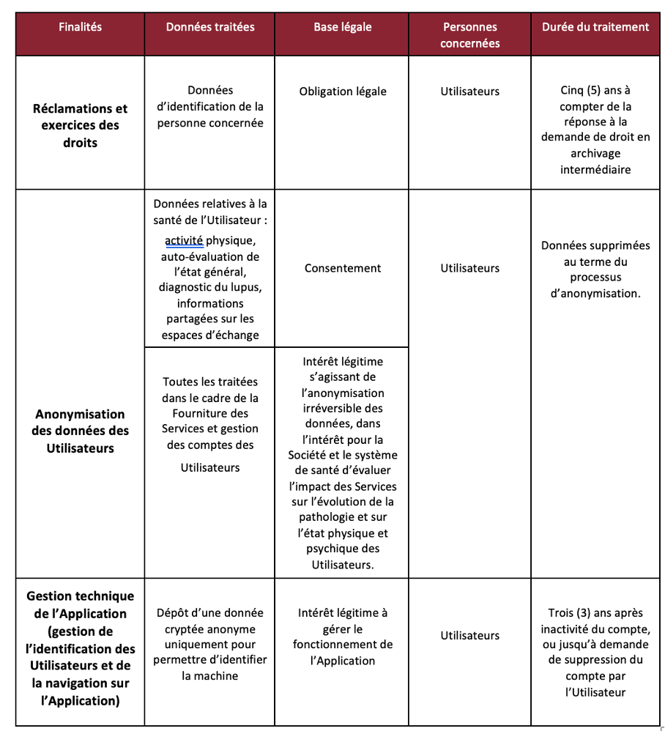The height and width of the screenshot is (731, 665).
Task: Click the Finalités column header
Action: [80, 27]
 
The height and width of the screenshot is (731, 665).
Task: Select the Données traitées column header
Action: [210, 27]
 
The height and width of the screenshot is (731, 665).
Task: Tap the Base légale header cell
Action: [343, 27]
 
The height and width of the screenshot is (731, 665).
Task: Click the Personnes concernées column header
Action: [469, 35]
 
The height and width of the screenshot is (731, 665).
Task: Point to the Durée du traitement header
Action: [595, 27]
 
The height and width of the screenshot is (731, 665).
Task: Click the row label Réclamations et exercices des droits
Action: [80, 125]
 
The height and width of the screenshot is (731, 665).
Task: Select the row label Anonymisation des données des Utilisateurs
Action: [80, 431]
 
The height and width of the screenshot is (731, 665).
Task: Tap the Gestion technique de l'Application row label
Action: [80, 648]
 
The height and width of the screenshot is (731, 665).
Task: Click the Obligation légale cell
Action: [343, 92]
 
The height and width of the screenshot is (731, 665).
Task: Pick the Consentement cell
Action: [343, 268]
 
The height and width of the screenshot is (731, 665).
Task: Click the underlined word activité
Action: [184, 241]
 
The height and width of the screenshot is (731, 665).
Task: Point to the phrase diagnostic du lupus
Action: [210, 287]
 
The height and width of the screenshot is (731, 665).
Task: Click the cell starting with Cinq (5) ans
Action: [595, 130]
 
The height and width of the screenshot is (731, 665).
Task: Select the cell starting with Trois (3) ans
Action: [595, 652]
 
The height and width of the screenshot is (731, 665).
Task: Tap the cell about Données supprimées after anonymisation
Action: [595, 270]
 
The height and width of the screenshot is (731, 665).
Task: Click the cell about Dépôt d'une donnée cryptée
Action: [210, 644]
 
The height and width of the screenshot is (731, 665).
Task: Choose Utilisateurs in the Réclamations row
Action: [469, 92]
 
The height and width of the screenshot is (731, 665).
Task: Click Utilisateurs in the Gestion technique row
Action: [469, 636]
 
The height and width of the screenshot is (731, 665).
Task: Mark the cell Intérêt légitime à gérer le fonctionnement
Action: [343, 637]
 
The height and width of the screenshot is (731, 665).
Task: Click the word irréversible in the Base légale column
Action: [343, 408]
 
